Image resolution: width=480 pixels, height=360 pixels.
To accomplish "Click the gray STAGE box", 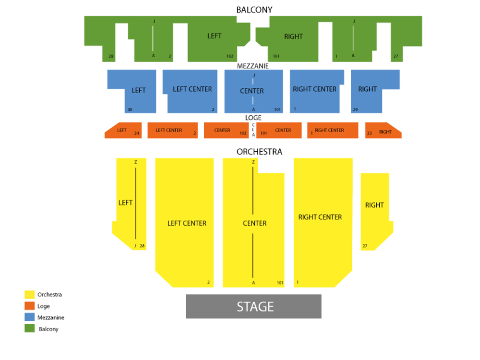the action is [253, 306].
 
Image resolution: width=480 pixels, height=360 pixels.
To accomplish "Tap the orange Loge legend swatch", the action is [30, 306].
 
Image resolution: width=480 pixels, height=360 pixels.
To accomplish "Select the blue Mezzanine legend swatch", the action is [30, 317].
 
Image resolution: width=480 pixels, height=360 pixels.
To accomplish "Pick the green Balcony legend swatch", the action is [30, 329].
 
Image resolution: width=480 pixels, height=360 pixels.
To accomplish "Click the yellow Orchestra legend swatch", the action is [30, 294].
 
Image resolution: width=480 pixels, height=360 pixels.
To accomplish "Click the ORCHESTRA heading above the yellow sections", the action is [259, 152].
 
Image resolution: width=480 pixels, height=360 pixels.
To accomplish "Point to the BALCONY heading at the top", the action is [254, 10].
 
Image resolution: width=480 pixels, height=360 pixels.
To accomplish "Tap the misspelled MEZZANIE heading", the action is [252, 66].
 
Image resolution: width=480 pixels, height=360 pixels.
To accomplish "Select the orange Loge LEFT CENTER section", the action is [172, 130].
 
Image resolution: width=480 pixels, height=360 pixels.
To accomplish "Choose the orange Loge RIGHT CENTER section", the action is [333, 130].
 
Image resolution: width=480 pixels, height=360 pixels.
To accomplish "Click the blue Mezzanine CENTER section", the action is [253, 91].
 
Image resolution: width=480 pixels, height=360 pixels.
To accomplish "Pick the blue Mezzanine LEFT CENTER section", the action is [192, 89].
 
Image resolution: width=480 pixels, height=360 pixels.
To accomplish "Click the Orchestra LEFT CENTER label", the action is [187, 223].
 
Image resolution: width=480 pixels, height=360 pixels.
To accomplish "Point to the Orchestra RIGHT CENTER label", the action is [320, 217].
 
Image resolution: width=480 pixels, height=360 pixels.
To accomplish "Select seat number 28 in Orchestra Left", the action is [142, 246].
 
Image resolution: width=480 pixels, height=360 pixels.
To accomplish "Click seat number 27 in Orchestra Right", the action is [365, 246].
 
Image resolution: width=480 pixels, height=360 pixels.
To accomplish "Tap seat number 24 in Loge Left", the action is [137, 133].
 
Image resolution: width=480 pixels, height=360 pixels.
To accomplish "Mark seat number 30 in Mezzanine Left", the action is [130, 110].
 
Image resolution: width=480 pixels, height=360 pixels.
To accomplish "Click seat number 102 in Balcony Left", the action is [230, 56].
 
